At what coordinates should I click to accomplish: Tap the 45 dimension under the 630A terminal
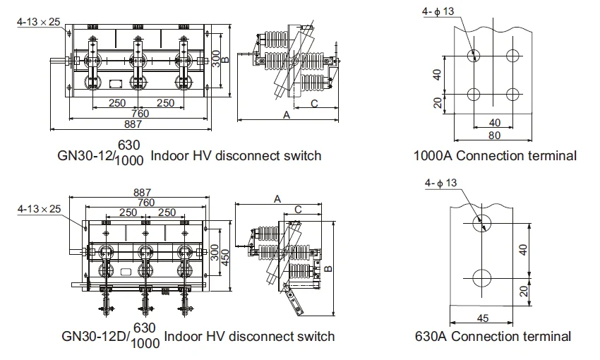click(x=484, y=318)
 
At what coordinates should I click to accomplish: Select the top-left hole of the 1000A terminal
click(x=474, y=55)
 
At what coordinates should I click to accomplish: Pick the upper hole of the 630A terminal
click(x=483, y=223)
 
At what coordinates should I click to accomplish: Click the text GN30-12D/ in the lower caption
click(x=95, y=336)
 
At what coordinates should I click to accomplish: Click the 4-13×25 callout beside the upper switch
click(x=38, y=21)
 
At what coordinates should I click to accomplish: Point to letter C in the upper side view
click(x=313, y=103)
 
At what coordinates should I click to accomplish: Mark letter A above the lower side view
click(x=277, y=200)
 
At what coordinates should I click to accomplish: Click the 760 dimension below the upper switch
click(x=138, y=114)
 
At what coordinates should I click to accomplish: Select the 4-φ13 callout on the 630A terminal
click(x=441, y=183)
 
